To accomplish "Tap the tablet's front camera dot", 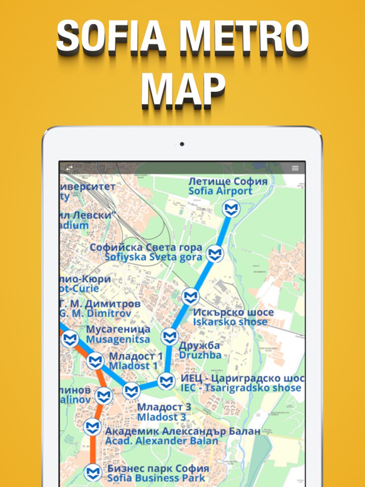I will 182,144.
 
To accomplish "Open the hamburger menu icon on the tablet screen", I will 295,168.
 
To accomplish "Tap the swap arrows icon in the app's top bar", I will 69,168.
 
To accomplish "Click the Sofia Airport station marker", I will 231,208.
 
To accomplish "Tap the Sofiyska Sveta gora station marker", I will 216,253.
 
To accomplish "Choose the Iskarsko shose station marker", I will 190,296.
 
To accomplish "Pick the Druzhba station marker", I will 169,337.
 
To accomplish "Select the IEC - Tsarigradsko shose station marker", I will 166,381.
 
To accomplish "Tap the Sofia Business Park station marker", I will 93,472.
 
